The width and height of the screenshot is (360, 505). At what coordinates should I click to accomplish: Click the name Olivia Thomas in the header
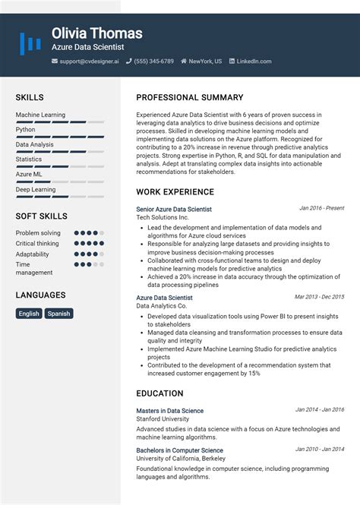point(96,33)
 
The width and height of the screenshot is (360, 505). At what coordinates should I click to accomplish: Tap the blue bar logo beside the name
point(30,43)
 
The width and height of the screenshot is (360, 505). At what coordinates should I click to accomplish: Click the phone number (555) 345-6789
point(153,61)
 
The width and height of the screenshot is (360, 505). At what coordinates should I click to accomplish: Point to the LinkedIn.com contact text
point(254,61)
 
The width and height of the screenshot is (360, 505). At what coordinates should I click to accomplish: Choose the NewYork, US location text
point(205,61)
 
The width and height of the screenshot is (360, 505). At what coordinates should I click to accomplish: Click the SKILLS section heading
point(30,97)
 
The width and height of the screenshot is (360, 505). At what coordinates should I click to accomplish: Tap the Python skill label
point(26,130)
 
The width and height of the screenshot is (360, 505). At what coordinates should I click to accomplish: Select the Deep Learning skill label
point(36,189)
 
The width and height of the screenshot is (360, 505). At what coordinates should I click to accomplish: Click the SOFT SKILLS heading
point(42,216)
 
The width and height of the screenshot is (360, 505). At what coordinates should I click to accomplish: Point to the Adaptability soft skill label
point(33,254)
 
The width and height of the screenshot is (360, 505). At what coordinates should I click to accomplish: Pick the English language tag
point(30,313)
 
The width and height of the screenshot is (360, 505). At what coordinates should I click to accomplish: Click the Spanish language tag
point(58,313)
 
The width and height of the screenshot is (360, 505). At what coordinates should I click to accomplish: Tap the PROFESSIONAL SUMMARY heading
point(190,97)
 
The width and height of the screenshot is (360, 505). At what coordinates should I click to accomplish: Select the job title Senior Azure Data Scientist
point(174,209)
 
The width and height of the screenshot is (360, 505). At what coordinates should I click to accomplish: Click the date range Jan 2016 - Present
point(321,208)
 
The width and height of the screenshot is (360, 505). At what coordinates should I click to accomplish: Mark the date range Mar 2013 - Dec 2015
point(319,297)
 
